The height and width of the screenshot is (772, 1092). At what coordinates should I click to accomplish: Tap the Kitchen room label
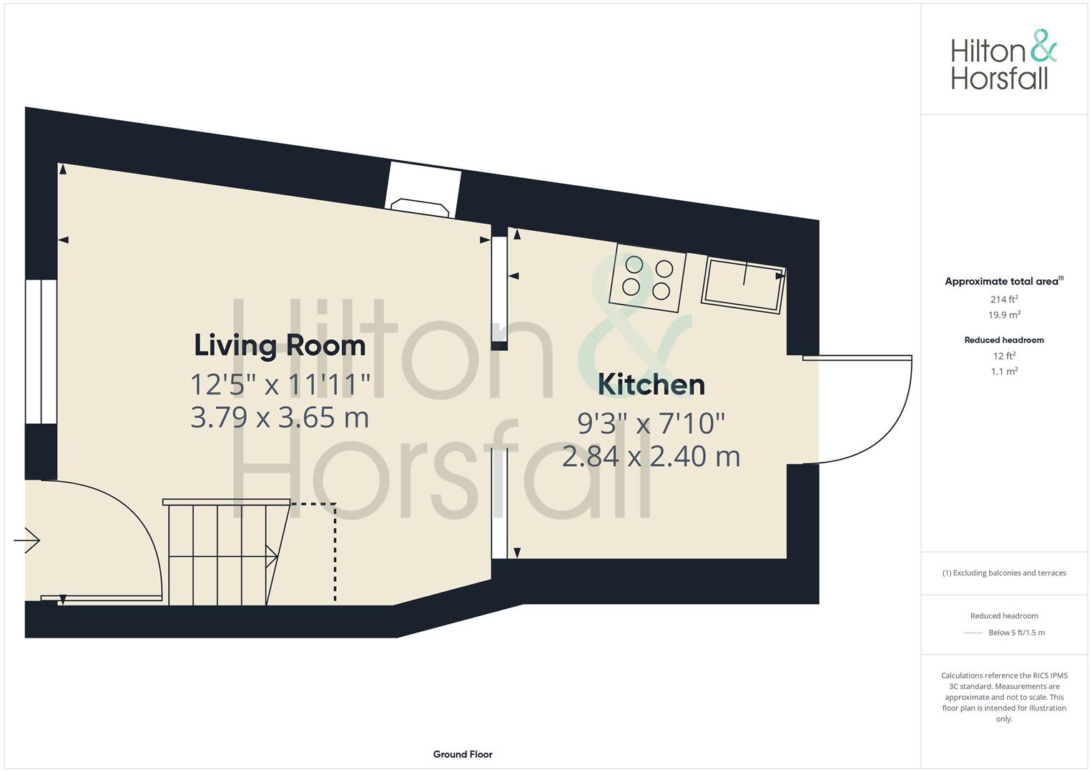pos(651,385)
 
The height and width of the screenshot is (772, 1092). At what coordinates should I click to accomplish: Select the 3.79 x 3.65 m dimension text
pos(280,417)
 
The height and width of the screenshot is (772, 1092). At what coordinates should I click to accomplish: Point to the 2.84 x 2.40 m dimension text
pos(651,457)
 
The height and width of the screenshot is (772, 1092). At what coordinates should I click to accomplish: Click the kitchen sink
pos(744,286)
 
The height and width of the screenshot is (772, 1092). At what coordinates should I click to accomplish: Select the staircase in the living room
pos(227,552)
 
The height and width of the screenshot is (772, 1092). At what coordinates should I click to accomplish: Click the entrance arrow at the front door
pos(26,540)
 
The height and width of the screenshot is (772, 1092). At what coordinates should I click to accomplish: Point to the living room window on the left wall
pos(41,352)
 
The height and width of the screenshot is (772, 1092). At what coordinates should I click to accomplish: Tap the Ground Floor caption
pos(463,754)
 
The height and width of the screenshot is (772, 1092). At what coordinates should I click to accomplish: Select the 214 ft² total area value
pos(1004,300)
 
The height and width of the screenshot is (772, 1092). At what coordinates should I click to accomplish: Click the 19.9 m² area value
pos(1004,315)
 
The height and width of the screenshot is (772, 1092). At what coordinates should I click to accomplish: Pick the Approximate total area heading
pos(1004,281)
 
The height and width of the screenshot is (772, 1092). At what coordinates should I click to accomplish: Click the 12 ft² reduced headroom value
pos(1004,356)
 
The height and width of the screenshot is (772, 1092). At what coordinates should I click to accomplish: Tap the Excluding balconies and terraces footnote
pos(1004,573)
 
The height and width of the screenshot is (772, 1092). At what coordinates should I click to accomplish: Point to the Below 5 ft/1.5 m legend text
pos(1016,633)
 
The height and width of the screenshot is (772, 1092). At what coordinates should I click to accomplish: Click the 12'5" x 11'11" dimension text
pos(280,385)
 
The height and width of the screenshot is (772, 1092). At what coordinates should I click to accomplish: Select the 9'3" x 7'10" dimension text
pos(651,423)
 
